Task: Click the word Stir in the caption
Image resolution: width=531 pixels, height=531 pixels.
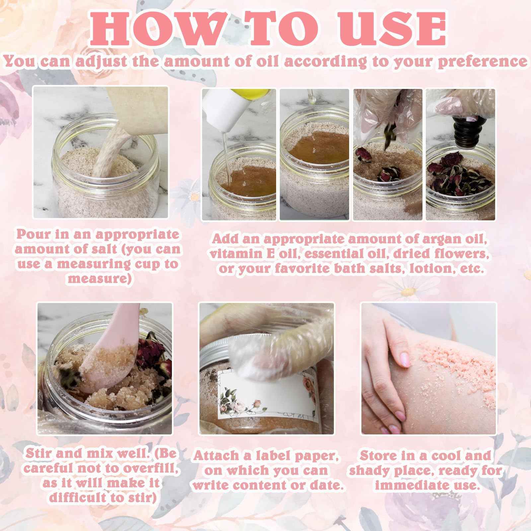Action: [x=41, y=454]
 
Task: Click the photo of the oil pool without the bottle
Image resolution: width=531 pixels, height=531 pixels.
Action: [x=314, y=154]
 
